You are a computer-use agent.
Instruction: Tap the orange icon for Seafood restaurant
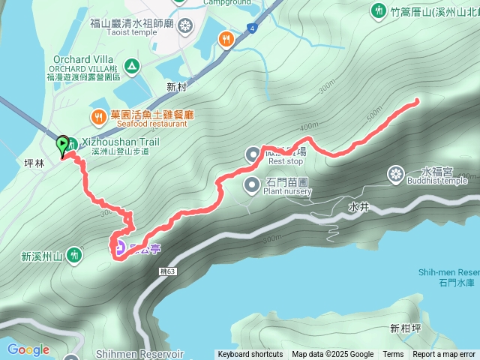[98, 116]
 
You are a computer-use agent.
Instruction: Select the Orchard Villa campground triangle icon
[132, 66]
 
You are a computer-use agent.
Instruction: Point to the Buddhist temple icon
[394, 175]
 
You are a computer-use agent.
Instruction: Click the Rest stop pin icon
[253, 154]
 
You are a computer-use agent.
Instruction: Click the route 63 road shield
[168, 271]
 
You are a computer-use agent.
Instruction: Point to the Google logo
[28, 349]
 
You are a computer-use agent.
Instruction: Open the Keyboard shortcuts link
[250, 355]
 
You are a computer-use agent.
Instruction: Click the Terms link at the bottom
[393, 355]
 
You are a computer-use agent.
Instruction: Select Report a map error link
[445, 355]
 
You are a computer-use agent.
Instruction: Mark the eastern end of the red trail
[416, 100]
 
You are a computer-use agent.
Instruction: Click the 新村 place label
[176, 87]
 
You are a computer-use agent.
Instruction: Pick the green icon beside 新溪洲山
[74, 256]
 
